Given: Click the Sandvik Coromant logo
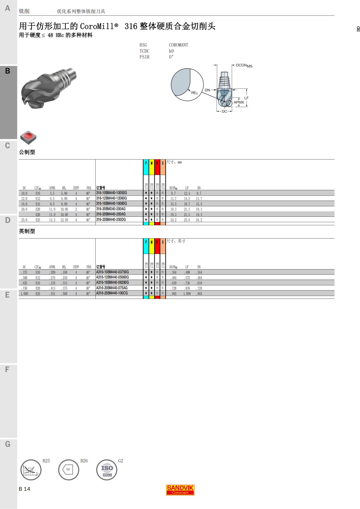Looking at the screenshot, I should [x=180, y=490].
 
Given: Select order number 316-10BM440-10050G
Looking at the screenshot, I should [x=111, y=193].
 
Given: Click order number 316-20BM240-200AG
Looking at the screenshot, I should [x=111, y=209].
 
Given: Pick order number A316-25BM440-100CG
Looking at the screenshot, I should [x=112, y=293].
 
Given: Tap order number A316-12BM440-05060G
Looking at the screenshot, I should [x=112, y=277].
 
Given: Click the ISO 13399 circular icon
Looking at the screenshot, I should [x=107, y=470].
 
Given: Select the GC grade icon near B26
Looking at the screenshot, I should [x=68, y=470].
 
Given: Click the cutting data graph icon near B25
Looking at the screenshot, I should [x=31, y=470].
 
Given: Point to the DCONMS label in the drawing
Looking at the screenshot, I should [x=244, y=66].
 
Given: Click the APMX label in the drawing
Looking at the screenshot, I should [x=239, y=103].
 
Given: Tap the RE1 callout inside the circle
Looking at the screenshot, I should [x=194, y=93].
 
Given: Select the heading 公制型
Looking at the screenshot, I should [x=27, y=152].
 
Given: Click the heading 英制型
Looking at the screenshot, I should [x=27, y=231].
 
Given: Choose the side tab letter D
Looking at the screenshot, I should [x=8, y=220].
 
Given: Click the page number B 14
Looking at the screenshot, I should [x=24, y=489].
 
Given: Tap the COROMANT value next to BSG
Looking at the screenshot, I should [x=178, y=45].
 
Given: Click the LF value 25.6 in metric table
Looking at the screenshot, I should [x=187, y=220].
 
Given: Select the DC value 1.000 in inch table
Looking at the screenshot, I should [x=24, y=294].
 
